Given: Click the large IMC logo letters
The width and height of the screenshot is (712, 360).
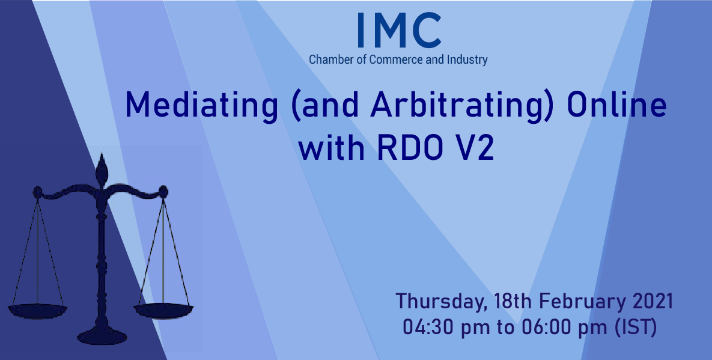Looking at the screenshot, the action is click(399, 31).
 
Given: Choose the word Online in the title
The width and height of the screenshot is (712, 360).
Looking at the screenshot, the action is click(617, 104).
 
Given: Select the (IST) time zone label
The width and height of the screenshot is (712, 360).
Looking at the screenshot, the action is click(635, 328).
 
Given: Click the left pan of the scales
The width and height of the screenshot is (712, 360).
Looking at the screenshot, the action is click(37, 311).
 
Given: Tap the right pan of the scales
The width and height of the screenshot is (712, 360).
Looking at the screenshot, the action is click(163, 310).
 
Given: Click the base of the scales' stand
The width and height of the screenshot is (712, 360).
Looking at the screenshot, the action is click(102, 337).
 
